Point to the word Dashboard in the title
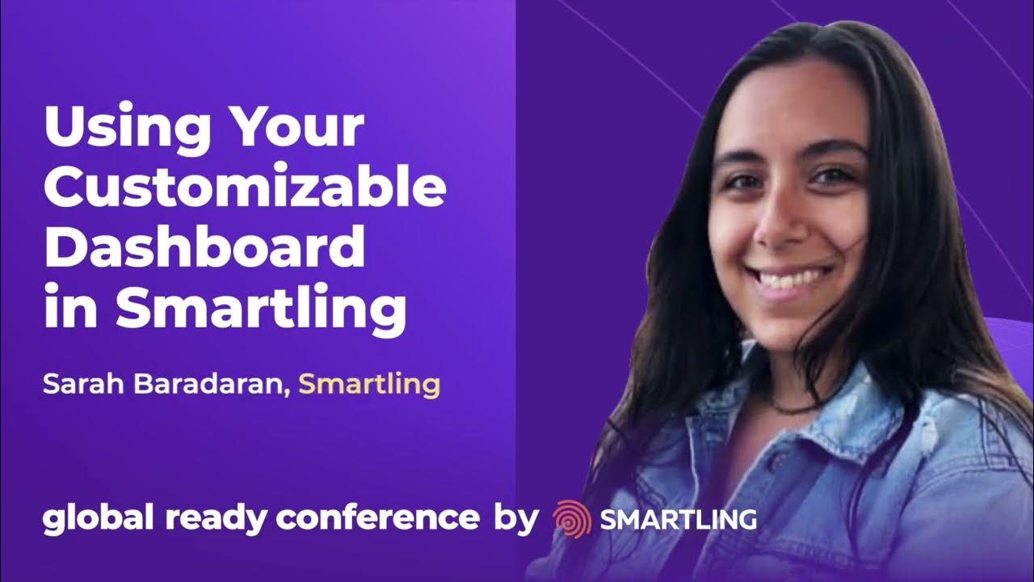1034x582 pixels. click(204, 249)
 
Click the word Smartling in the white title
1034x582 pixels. click(260, 310)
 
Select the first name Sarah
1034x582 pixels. click(76, 385)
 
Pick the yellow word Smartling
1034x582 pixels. click(369, 385)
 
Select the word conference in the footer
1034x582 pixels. click(378, 518)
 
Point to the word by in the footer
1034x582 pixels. click(515, 520)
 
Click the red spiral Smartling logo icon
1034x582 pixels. click(572, 519)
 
